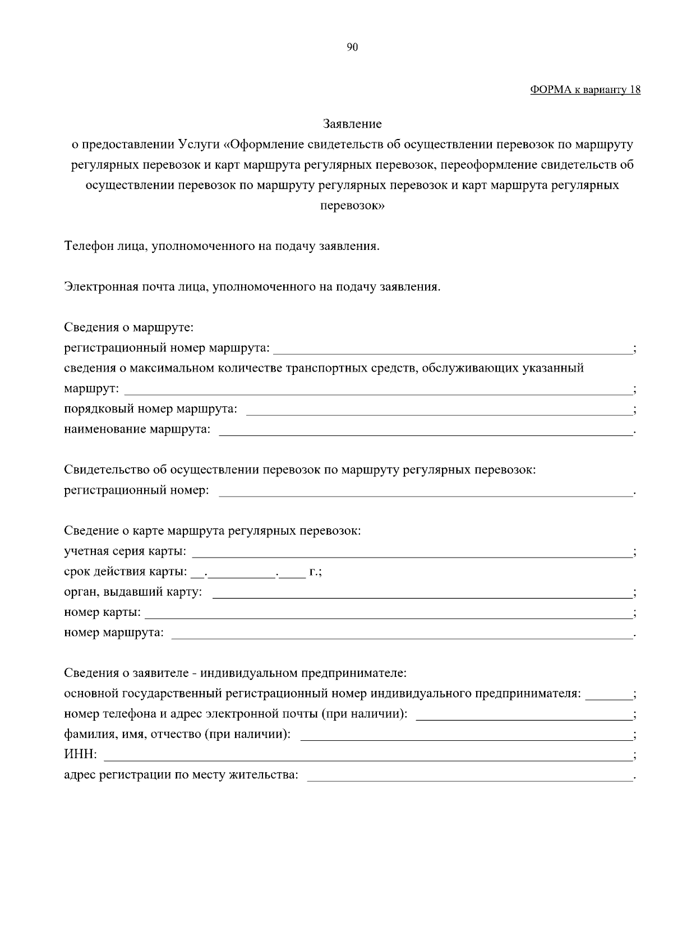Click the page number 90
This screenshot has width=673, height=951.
click(x=352, y=48)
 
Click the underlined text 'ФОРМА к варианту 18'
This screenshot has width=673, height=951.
click(x=585, y=90)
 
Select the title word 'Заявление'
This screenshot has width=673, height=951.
click(x=352, y=124)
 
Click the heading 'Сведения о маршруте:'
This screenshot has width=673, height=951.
click(x=128, y=327)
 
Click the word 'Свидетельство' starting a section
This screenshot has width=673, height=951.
click(x=107, y=470)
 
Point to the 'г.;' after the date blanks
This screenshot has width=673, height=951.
click(x=315, y=572)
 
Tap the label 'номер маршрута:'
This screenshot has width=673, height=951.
click(x=114, y=633)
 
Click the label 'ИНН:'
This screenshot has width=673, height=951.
click(x=80, y=755)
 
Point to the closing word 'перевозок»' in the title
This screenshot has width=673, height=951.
click(x=352, y=206)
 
